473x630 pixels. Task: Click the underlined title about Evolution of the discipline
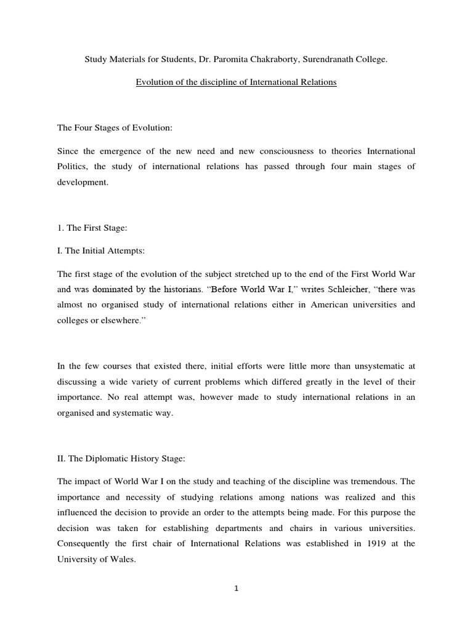[236, 82]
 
